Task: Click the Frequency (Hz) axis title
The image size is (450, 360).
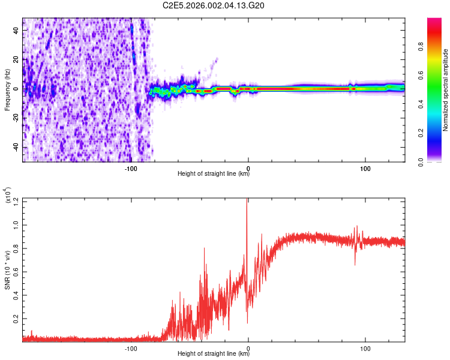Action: (8, 90)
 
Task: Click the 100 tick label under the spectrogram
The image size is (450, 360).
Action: (365, 168)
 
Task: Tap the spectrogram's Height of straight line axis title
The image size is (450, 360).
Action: (214, 175)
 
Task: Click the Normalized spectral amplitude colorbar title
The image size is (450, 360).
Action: (446, 90)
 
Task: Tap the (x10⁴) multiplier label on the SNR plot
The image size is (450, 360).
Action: (8, 196)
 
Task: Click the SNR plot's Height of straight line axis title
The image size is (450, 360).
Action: (214, 354)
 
